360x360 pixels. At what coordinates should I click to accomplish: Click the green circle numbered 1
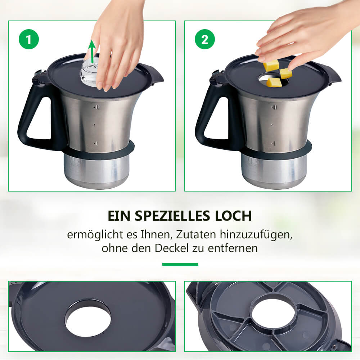pos(29,39)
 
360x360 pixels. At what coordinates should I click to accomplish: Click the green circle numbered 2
pos(205,39)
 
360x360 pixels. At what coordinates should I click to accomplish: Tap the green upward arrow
pos(92,51)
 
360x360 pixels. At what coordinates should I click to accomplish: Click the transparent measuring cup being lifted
pos(90,71)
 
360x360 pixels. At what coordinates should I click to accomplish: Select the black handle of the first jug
pos(35,115)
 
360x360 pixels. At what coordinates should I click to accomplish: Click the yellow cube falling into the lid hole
pos(274,82)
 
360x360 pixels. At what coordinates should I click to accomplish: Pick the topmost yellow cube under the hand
pos(271,65)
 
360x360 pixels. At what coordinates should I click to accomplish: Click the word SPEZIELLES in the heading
pos(172,216)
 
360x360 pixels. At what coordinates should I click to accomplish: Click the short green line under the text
pos(180,264)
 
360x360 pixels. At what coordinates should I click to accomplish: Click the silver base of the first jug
pos(96,171)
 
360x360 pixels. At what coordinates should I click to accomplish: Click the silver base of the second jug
pos(274,171)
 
